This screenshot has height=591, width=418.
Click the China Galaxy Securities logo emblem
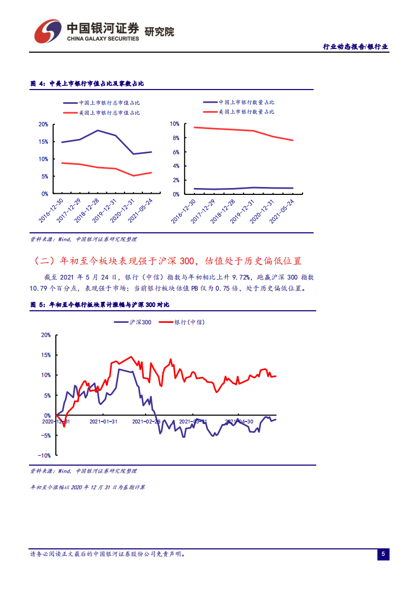[47, 32]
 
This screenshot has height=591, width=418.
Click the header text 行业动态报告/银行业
[355, 46]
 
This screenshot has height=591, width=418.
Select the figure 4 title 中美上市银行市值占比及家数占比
[95, 84]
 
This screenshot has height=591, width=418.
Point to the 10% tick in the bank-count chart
[174, 124]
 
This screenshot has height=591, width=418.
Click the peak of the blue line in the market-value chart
[98, 130]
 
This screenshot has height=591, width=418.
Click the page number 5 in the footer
[383, 554]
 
